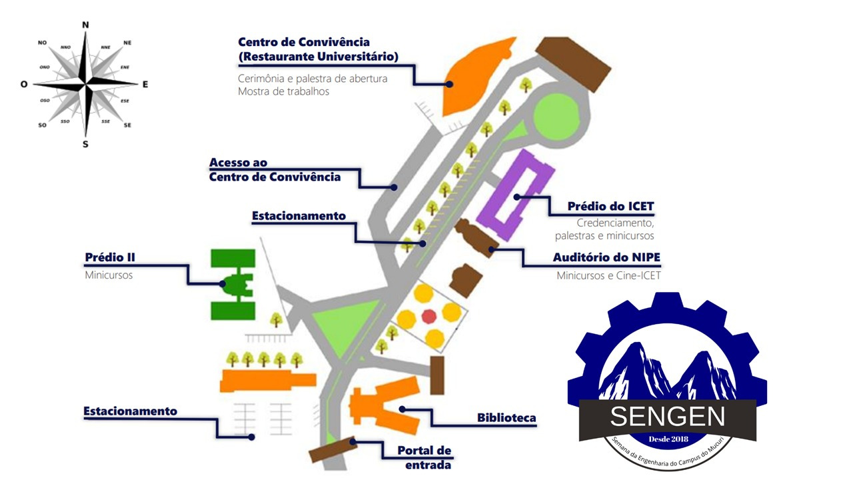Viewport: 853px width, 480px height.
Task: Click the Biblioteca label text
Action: [506, 418]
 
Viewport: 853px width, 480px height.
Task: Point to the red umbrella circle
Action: [428, 315]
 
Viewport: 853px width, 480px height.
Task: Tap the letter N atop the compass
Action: [85, 25]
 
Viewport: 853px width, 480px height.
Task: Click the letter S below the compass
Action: [85, 144]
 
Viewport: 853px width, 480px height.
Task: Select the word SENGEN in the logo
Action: [668, 417]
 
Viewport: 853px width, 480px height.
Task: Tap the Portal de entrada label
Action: [425, 457]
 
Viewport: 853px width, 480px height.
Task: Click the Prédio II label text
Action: [110, 257]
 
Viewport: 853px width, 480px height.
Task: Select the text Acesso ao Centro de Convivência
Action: [275, 170]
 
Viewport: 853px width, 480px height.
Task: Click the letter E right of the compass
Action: [145, 84]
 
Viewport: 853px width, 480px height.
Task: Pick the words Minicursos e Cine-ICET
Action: [608, 275]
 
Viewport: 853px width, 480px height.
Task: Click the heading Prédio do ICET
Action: [610, 207]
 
